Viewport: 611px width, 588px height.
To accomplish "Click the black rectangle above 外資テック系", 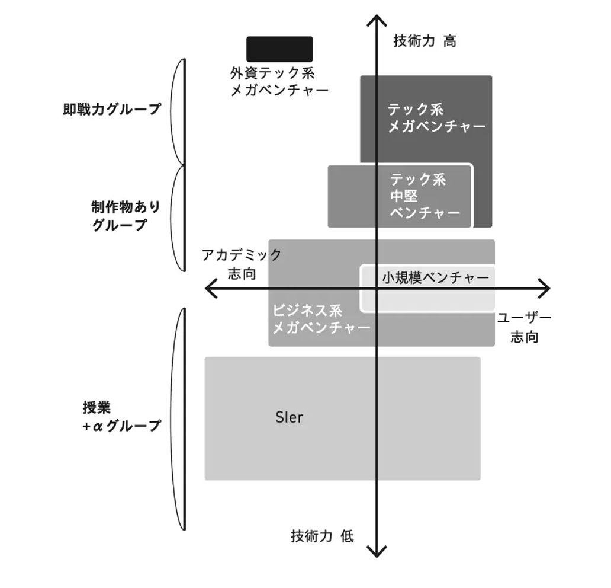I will click(x=279, y=49).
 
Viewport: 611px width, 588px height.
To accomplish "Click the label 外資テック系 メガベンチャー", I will click(x=279, y=82).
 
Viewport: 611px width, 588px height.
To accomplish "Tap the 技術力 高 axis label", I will click(x=425, y=41).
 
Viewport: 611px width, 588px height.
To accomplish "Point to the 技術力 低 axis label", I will click(x=322, y=536).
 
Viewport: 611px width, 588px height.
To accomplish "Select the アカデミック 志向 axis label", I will click(x=242, y=264).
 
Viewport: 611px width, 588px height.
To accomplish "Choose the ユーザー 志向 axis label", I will click(x=524, y=327).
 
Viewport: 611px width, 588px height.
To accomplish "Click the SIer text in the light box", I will click(x=290, y=417).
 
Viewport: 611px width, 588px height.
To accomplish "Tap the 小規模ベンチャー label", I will click(x=435, y=277).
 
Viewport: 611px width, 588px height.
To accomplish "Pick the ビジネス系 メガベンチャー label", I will click(x=320, y=319).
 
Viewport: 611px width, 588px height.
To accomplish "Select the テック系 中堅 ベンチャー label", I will click(x=425, y=196).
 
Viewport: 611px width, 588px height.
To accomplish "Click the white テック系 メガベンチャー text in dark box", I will click(x=436, y=117).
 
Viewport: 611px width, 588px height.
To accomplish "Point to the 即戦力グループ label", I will click(x=112, y=110).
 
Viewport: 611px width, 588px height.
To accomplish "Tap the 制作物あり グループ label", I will click(x=126, y=216).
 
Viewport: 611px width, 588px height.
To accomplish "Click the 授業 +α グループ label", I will click(x=121, y=417).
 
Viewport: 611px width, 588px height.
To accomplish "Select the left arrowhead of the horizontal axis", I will click(x=209, y=289).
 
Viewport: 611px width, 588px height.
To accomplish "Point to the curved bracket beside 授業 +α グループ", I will click(x=176, y=418).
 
